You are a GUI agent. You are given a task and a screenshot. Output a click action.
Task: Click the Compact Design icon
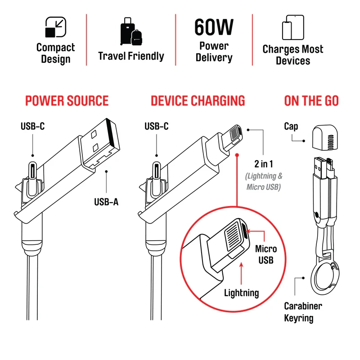(56, 27)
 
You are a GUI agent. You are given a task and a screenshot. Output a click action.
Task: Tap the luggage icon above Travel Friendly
(130, 31)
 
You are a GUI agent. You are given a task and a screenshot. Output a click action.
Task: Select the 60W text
(214, 27)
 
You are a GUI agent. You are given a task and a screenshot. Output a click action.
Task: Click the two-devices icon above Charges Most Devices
(292, 27)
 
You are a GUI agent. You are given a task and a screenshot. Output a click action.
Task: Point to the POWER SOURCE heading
(67, 101)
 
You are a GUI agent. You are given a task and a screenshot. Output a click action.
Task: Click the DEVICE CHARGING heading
(198, 101)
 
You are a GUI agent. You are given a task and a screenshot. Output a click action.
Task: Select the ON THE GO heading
(311, 101)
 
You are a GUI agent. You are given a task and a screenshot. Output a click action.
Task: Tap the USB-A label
(106, 202)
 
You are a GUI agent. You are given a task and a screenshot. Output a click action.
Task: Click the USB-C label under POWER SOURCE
(32, 126)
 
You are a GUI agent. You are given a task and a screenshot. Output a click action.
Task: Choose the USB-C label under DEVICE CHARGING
(157, 126)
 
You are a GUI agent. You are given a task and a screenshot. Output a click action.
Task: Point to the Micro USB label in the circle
(266, 254)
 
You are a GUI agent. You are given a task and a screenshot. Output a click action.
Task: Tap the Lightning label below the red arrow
(242, 293)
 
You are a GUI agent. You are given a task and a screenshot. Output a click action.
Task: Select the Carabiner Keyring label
(303, 312)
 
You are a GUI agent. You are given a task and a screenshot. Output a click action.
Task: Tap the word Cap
(291, 126)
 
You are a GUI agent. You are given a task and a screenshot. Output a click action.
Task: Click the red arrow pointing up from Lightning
(242, 272)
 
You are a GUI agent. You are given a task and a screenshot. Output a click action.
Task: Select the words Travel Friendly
(131, 56)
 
